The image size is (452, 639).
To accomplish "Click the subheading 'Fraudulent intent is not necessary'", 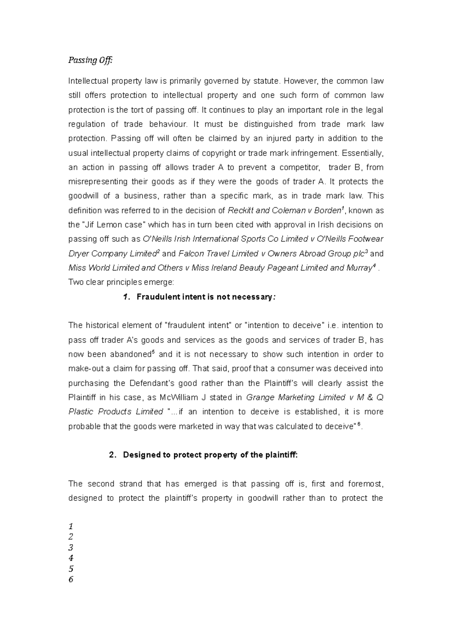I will [x=204, y=297].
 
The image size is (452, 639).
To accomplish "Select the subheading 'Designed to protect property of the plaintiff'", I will [x=210, y=455].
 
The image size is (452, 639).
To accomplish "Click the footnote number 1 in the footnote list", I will [x=71, y=526].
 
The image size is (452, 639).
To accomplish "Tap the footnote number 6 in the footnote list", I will [x=71, y=579].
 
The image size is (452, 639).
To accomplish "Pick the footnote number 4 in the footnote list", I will [x=71, y=558].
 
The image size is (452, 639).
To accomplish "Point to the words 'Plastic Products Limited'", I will [x=116, y=412].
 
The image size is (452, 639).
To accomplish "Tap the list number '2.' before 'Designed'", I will [x=112, y=455].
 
